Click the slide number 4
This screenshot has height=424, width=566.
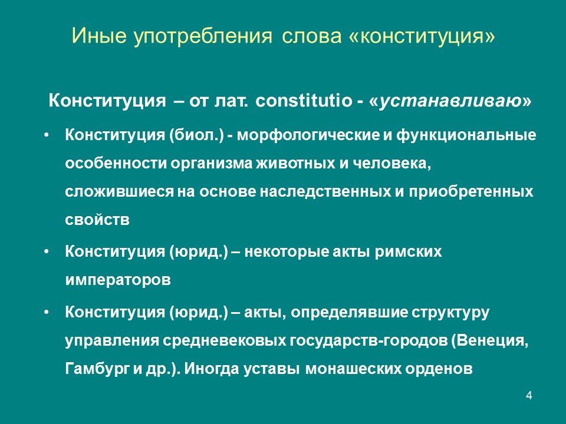click(x=529, y=395)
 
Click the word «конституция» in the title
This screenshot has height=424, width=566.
click(x=422, y=36)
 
